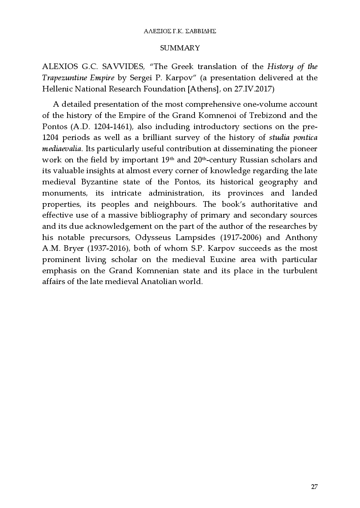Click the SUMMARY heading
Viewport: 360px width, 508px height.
pyautogui.click(x=180, y=48)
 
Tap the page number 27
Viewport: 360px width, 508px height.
pyautogui.click(x=314, y=487)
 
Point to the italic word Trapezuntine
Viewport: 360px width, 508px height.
pyautogui.click(x=60, y=78)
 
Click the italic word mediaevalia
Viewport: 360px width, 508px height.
pyautogui.click(x=62, y=149)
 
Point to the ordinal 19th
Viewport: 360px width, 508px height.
pyautogui.click(x=168, y=160)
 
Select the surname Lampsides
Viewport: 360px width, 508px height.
pyautogui.click(x=196, y=238)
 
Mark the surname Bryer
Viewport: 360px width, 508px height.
pyautogui.click(x=73, y=249)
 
